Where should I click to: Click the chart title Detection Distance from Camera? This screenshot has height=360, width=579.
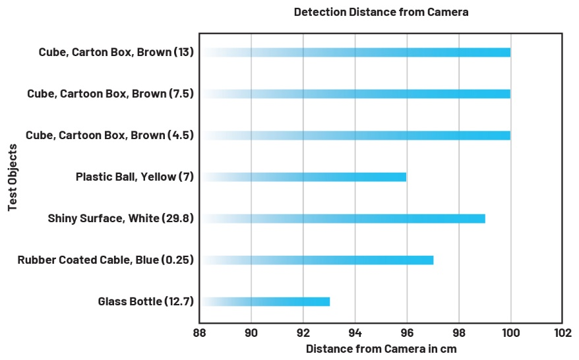click(381, 12)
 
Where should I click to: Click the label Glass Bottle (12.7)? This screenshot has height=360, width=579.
click(146, 301)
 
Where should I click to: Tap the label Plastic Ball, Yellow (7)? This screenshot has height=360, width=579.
click(135, 177)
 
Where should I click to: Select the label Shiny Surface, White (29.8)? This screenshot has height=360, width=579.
click(121, 218)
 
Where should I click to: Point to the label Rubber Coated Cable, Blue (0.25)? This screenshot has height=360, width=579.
click(106, 260)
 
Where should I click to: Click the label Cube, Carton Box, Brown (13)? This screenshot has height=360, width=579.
click(116, 52)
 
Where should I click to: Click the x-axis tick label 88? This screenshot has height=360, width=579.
click(199, 333)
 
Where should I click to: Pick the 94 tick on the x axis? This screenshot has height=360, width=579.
click(355, 333)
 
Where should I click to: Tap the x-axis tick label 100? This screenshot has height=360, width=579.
click(510, 333)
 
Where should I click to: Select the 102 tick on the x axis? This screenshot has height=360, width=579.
click(562, 333)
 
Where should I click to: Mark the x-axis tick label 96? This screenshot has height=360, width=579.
click(407, 333)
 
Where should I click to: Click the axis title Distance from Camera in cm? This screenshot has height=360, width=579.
click(381, 349)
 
